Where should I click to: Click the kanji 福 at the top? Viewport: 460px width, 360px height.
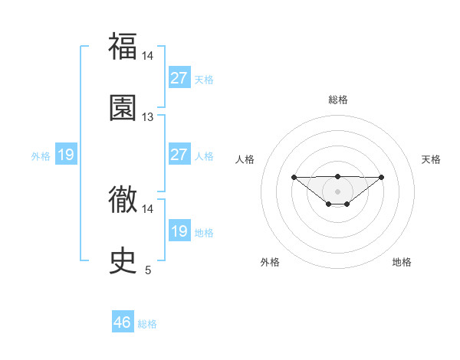(x=123, y=46)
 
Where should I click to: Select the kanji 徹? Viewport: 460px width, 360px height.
(x=123, y=200)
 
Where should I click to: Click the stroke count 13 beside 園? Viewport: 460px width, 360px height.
(x=148, y=117)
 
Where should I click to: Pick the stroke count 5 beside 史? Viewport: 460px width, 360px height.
(x=148, y=270)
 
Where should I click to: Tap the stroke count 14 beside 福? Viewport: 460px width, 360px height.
(x=148, y=56)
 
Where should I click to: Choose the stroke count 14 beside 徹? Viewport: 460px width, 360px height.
(x=148, y=208)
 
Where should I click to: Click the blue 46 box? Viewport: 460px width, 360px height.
(x=123, y=322)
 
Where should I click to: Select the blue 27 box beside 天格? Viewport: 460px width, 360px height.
(x=179, y=78)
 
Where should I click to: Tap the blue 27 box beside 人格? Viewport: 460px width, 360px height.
(x=179, y=155)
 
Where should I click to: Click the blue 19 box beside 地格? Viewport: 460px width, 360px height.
(x=179, y=231)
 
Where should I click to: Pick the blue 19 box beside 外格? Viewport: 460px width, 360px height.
(x=66, y=155)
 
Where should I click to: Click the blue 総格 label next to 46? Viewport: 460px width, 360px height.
(x=147, y=324)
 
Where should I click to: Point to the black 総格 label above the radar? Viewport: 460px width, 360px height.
(x=337, y=100)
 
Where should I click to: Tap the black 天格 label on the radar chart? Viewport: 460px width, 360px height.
(x=432, y=159)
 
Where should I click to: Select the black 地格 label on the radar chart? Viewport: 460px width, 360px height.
(x=402, y=262)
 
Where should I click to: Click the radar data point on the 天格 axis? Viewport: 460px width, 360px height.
(x=382, y=177)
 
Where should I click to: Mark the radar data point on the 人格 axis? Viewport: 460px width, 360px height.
(x=294, y=177)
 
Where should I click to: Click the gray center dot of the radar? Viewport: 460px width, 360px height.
(x=337, y=191)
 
